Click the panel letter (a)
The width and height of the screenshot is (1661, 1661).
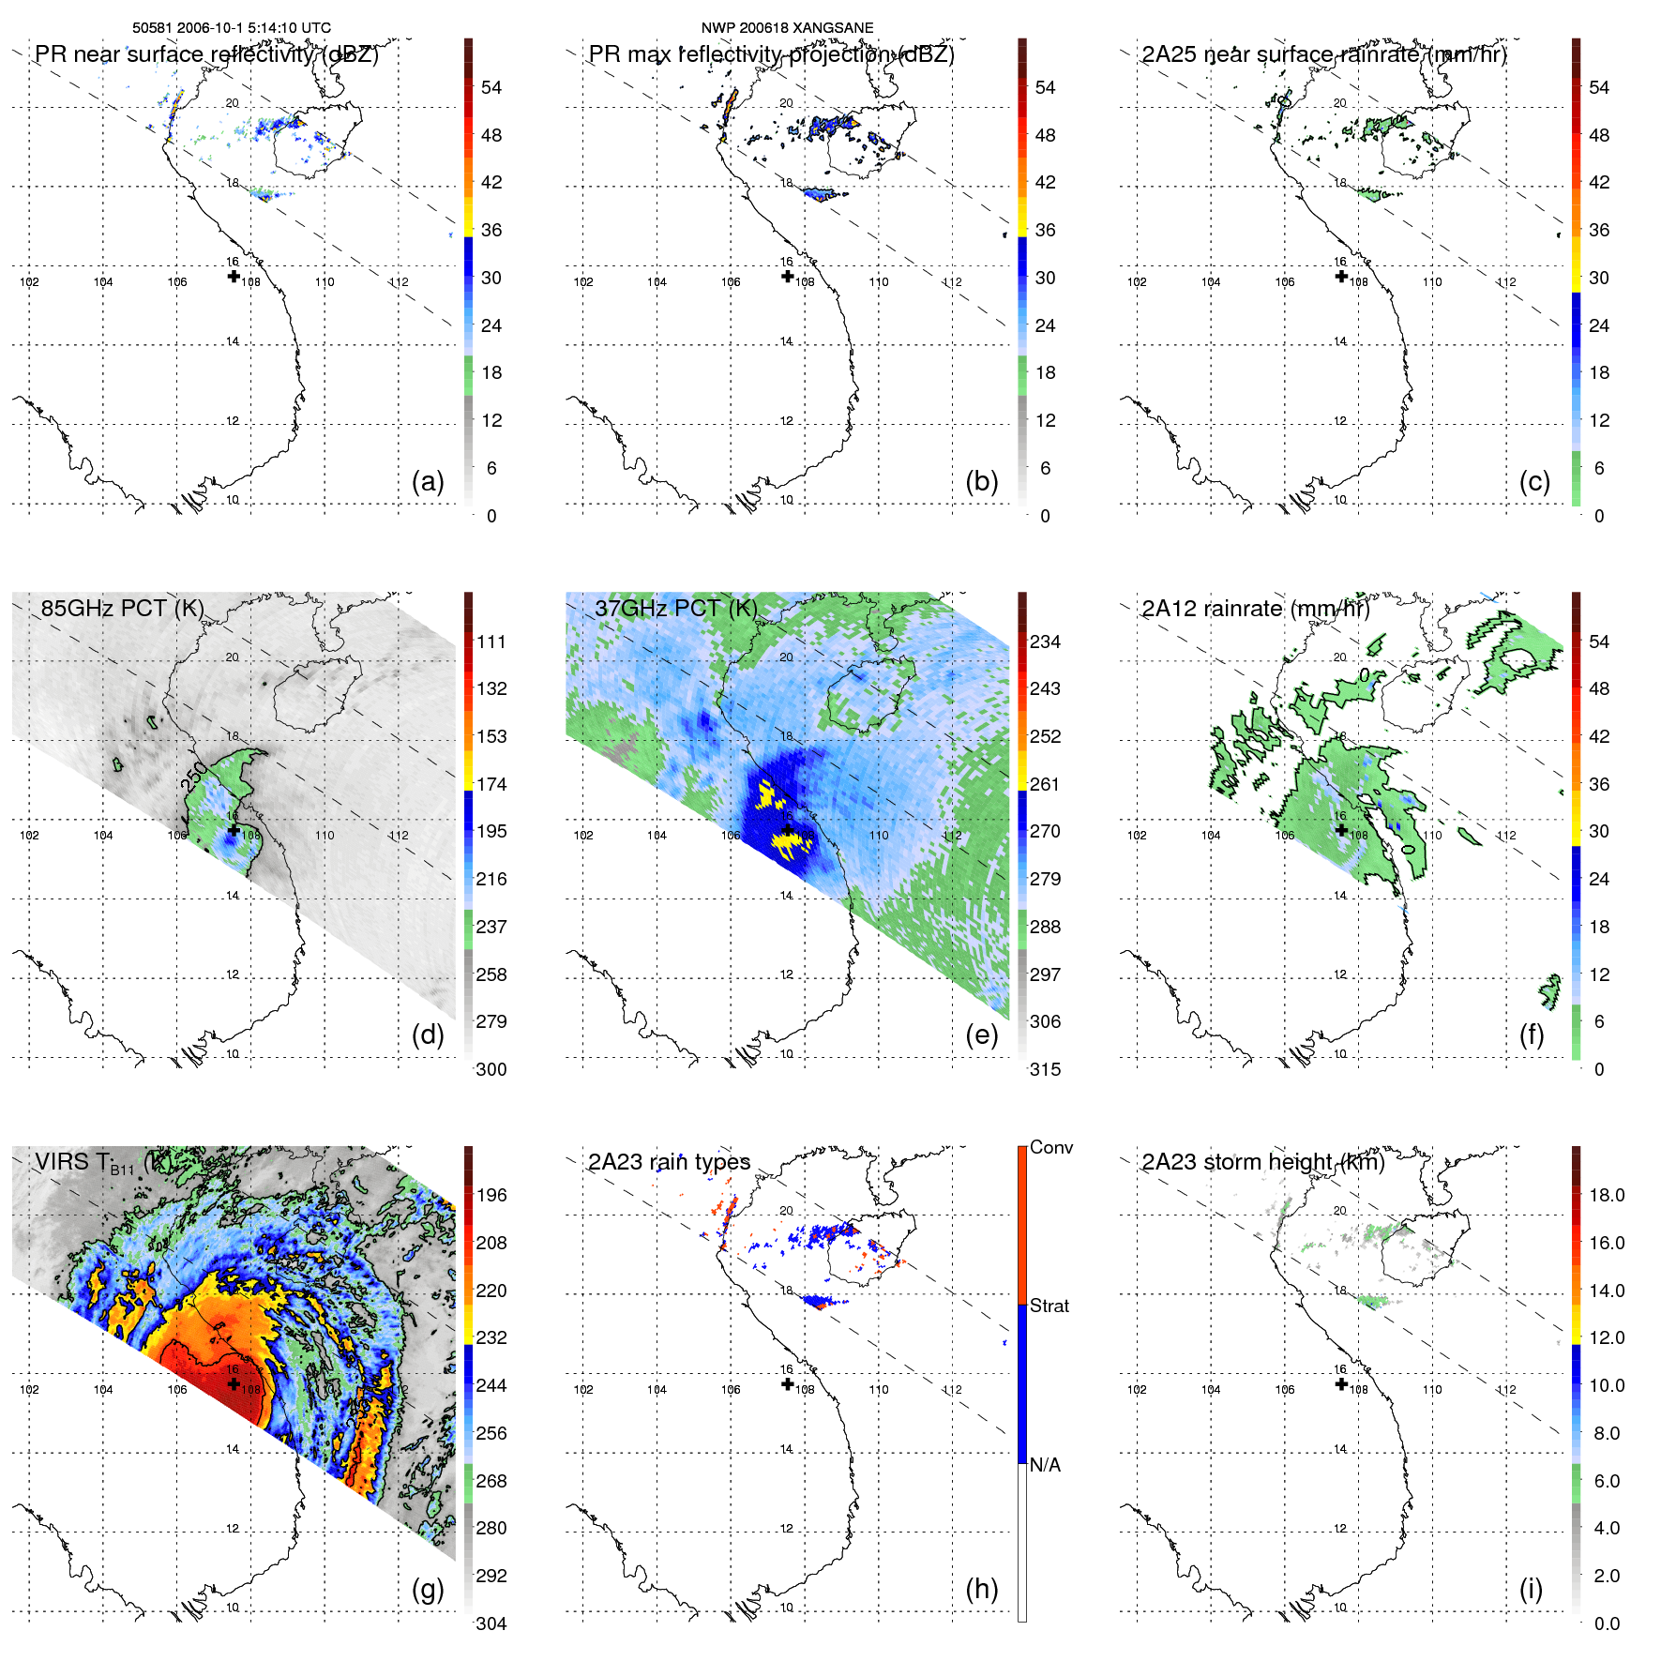tap(428, 482)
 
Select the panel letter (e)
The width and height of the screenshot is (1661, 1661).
tap(981, 1035)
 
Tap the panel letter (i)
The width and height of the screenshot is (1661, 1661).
tap(1531, 1590)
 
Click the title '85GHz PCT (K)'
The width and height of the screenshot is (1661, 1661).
tap(123, 608)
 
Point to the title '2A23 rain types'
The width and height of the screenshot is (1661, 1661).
tap(670, 1162)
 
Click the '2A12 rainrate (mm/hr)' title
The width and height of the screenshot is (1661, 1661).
tap(1256, 609)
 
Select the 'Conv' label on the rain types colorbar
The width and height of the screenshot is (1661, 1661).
tap(1051, 1147)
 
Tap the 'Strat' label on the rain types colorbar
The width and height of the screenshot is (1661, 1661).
tap(1049, 1306)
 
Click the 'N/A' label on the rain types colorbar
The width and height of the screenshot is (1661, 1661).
tap(1045, 1465)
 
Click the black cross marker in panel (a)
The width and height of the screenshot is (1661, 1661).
tap(234, 276)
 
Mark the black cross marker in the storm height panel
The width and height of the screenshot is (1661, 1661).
tap(1341, 1383)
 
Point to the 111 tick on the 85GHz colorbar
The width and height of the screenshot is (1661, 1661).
tap(491, 642)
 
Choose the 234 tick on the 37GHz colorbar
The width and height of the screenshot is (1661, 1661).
tap(1045, 642)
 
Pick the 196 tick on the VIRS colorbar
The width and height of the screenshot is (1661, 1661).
tap(491, 1195)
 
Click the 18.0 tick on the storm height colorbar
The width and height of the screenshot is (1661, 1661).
tap(1607, 1195)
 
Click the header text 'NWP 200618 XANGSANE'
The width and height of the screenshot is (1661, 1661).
tap(787, 28)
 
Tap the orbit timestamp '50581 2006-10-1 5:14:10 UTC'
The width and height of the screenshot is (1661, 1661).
tap(232, 28)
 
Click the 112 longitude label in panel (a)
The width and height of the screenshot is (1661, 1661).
tap(399, 282)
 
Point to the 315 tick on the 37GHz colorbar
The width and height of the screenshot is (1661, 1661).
tap(1045, 1069)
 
